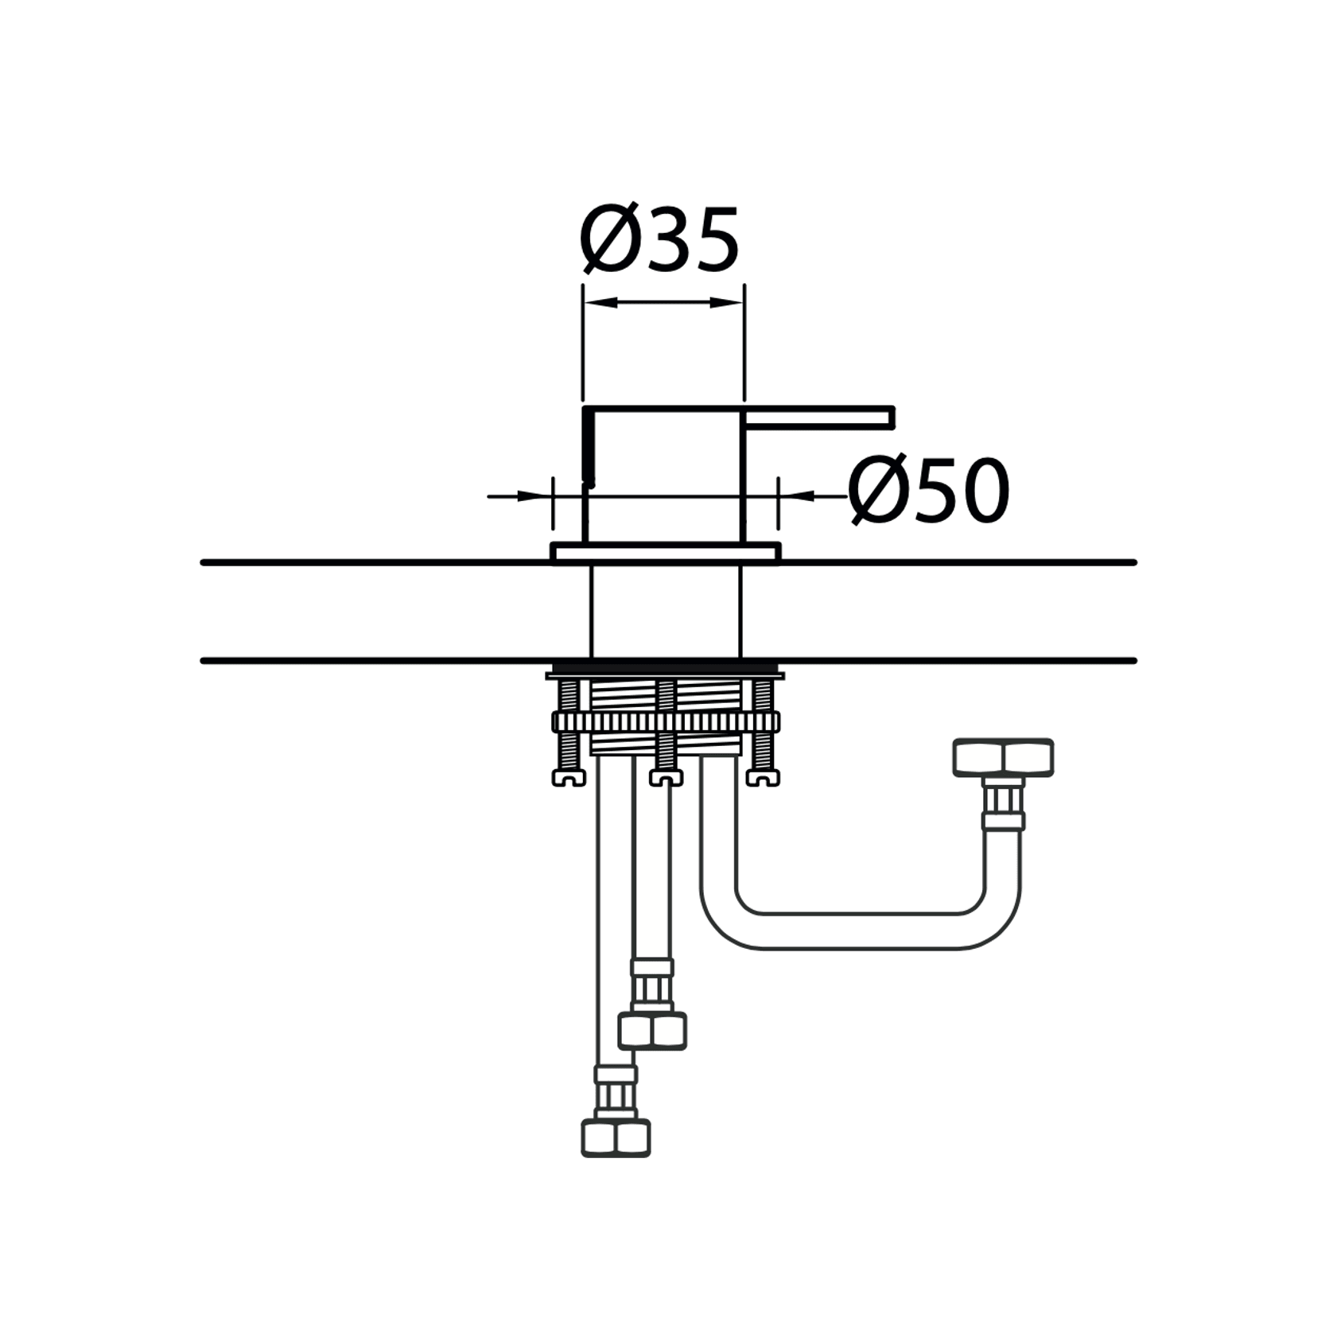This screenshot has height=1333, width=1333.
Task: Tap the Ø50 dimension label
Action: pyautogui.click(x=928, y=491)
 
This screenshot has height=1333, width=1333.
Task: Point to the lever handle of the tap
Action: pyautogui.click(x=819, y=418)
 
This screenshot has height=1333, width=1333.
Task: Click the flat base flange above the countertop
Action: pyautogui.click(x=665, y=552)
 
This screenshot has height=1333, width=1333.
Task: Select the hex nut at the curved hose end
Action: pyautogui.click(x=1003, y=757)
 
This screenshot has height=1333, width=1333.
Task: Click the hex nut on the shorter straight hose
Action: pyautogui.click(x=652, y=1030)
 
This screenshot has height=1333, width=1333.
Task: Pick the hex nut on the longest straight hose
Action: pyautogui.click(x=616, y=1137)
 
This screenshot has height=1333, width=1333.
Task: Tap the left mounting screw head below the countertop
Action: pyautogui.click(x=569, y=778)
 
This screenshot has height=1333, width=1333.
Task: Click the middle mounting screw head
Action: pyautogui.click(x=666, y=778)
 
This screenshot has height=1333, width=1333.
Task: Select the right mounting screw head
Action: pyautogui.click(x=763, y=778)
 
